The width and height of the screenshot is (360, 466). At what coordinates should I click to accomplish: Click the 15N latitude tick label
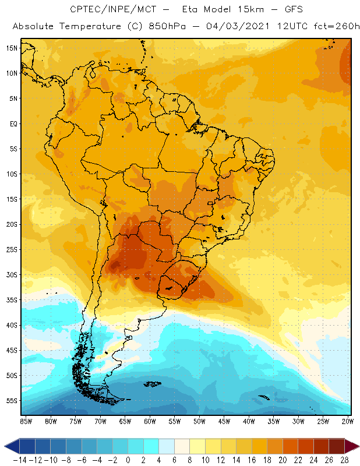[11, 48]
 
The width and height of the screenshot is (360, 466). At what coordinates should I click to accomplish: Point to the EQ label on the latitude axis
[12, 123]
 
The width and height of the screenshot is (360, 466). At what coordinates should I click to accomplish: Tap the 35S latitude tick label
[11, 300]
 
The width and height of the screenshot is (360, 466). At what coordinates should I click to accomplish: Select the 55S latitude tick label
[11, 401]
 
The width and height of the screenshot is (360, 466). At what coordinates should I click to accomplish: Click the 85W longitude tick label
[26, 421]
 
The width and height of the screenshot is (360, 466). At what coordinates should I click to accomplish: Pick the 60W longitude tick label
[150, 421]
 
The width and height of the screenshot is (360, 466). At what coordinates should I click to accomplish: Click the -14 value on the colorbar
[19, 460]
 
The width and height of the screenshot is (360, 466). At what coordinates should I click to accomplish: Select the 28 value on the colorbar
[345, 460]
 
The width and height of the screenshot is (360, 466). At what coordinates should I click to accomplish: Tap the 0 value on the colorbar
[128, 460]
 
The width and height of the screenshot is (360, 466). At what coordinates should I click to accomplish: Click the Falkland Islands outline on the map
[153, 383]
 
